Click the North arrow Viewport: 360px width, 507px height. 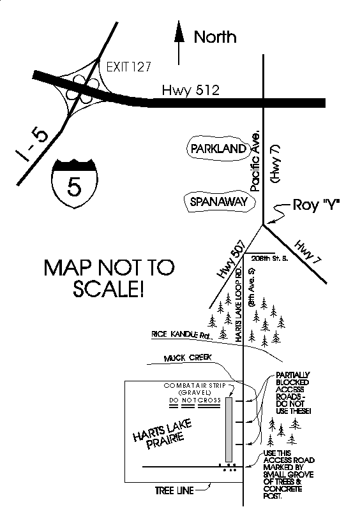pyautogui.click(x=179, y=43)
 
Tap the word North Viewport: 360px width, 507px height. pyautogui.click(x=215, y=37)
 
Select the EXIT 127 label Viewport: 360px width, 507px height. pyautogui.click(x=129, y=67)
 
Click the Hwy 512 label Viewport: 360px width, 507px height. pyautogui.click(x=190, y=90)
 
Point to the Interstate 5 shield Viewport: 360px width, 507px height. pyautogui.click(x=75, y=183)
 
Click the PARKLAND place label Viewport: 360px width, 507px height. pyautogui.click(x=218, y=149)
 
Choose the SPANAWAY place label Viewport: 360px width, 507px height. pyautogui.click(x=219, y=202)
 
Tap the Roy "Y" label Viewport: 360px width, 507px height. pyautogui.click(x=316, y=204)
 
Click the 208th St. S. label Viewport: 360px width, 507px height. pyautogui.click(x=269, y=258)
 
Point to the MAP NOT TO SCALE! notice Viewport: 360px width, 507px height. pyautogui.click(x=109, y=278)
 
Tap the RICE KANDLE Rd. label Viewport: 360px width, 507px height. pyautogui.click(x=182, y=335)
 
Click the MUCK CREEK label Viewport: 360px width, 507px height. pyautogui.click(x=188, y=358)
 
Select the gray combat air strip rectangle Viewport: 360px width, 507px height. pyautogui.click(x=229, y=430)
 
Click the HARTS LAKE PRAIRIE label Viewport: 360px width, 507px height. pyautogui.click(x=163, y=434)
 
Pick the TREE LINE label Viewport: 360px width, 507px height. pyautogui.click(x=174, y=490)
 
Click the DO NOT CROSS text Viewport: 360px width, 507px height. pyautogui.click(x=195, y=400)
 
